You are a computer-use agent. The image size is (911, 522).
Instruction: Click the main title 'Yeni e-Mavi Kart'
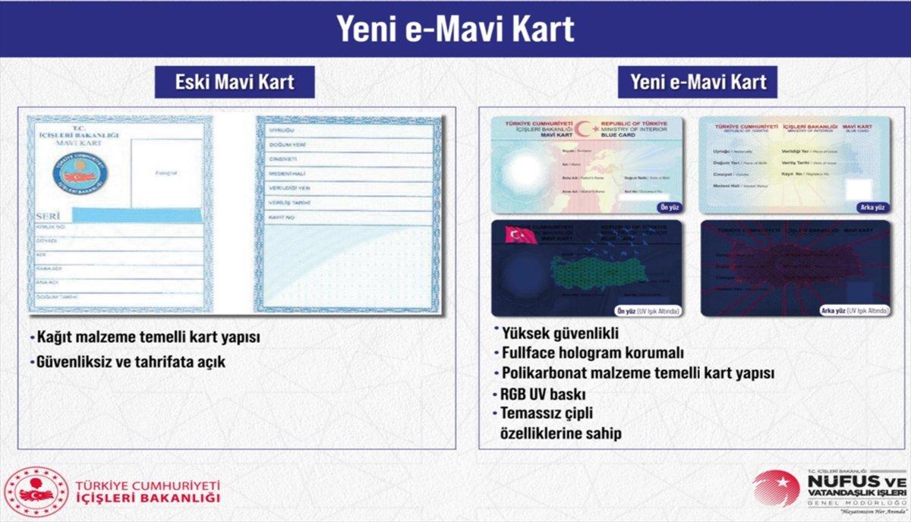click(x=455, y=29)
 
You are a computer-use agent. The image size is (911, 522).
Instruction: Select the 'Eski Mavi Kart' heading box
click(x=235, y=81)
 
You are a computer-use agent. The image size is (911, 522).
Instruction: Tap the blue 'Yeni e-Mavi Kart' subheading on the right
click(x=698, y=81)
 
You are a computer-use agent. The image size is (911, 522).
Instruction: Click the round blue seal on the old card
click(x=80, y=171)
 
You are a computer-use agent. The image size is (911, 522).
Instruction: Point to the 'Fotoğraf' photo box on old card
click(x=166, y=174)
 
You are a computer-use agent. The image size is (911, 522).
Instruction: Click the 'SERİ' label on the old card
click(x=47, y=216)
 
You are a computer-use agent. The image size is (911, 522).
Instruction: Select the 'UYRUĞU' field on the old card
click(x=346, y=130)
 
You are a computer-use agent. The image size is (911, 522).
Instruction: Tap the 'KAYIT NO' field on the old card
click(x=346, y=218)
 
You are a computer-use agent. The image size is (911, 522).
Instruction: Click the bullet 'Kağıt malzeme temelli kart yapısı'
click(x=148, y=338)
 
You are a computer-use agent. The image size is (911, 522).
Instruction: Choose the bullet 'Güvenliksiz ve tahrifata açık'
click(x=131, y=362)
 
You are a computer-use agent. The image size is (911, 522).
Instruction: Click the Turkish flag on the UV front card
click(x=521, y=235)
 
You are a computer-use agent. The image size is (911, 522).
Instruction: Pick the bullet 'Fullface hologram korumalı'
click(x=593, y=354)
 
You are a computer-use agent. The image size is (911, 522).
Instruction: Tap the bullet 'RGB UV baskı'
click(x=543, y=395)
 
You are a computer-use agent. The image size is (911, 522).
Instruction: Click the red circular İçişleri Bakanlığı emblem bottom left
click(x=36, y=492)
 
